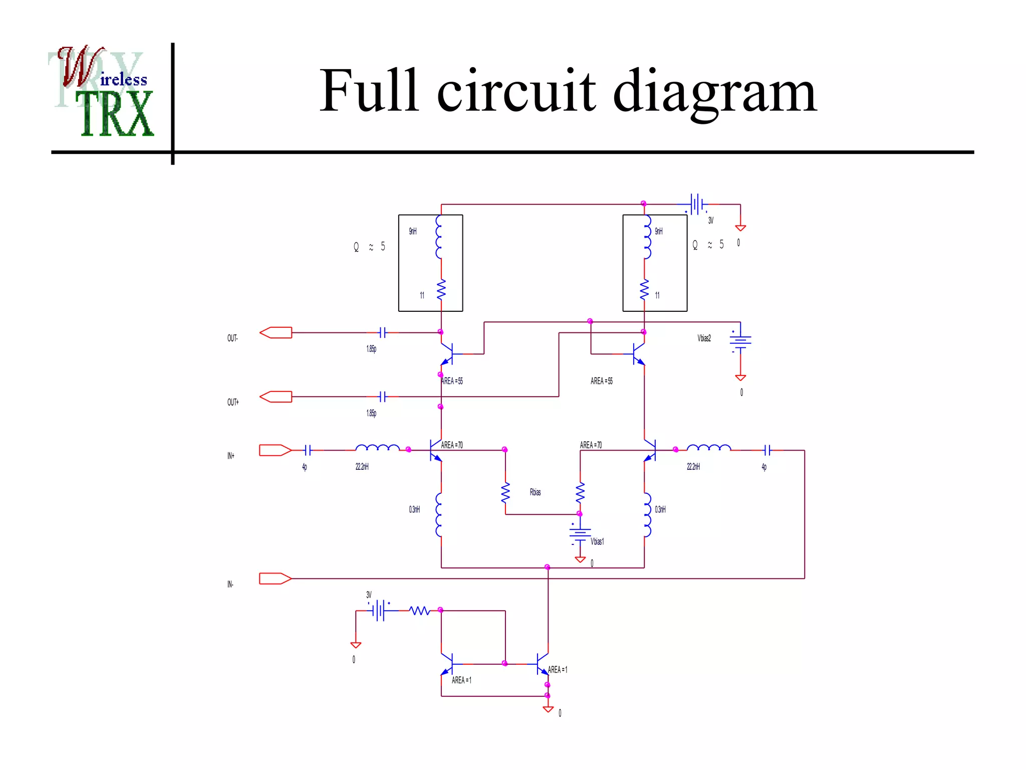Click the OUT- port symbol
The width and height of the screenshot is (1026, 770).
click(x=276, y=332)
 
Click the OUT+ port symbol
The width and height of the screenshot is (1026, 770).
click(x=276, y=397)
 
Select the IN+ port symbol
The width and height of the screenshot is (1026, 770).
click(x=275, y=450)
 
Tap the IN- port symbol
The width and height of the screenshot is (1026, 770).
click(x=275, y=579)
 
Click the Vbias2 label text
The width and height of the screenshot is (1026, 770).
click(x=704, y=338)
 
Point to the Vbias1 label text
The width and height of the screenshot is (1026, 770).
click(x=597, y=541)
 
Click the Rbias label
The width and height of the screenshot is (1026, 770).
click(x=535, y=492)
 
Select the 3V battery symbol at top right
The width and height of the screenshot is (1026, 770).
click(x=696, y=204)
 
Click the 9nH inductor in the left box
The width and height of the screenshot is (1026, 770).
click(x=439, y=237)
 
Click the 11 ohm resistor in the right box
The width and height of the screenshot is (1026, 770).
click(x=644, y=290)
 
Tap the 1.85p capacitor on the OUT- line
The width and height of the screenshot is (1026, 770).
click(x=382, y=332)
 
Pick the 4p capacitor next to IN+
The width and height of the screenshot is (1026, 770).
click(x=308, y=450)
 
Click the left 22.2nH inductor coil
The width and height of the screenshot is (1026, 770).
click(x=377, y=448)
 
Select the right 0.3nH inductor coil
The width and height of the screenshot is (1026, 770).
click(x=647, y=514)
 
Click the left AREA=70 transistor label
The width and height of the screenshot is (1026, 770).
click(x=452, y=445)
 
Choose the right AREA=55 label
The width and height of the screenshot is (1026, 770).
click(x=601, y=381)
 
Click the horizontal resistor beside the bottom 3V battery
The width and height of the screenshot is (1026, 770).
click(x=419, y=611)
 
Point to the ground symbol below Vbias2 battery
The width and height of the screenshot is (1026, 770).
click(x=740, y=377)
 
